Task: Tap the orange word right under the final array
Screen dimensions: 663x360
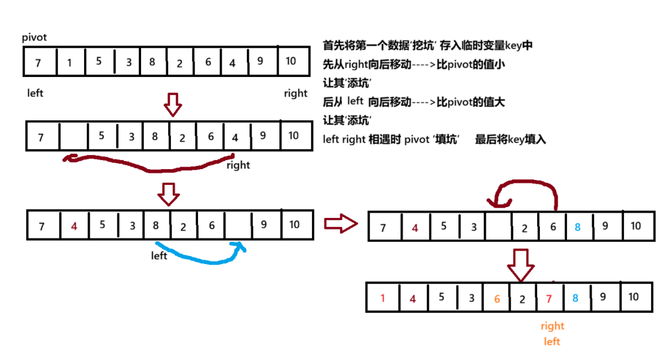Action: pos(552,326)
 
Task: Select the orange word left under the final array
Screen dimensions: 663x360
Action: pos(552,342)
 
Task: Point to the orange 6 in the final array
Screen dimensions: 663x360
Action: pos(497,298)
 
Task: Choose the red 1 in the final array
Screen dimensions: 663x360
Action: pos(382,298)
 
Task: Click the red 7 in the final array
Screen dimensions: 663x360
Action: pos(549,298)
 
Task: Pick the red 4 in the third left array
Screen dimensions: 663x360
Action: pos(74,226)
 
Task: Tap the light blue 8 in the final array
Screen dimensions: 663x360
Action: pos(576,298)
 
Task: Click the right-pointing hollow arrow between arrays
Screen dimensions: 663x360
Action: pos(340,223)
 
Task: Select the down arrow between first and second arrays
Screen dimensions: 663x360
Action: pos(173,105)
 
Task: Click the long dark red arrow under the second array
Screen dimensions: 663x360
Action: pos(146,165)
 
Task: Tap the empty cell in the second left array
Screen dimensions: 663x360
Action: pos(73,136)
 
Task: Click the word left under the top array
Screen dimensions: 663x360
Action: pos(35,93)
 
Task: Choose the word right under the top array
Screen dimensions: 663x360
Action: pos(296,94)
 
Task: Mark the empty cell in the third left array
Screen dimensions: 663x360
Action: pos(238,225)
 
